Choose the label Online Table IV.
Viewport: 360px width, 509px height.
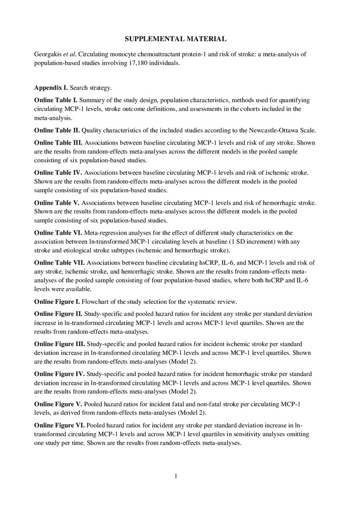(58, 173)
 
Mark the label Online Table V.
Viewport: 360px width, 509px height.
(57, 202)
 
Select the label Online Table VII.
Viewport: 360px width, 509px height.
(59, 263)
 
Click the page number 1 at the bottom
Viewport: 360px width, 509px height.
(176, 476)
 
